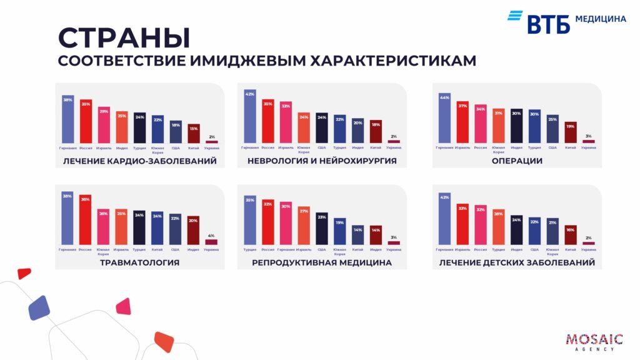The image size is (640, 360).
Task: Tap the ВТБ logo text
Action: pos(548,24)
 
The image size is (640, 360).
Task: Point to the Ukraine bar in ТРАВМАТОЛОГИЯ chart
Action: pos(211,241)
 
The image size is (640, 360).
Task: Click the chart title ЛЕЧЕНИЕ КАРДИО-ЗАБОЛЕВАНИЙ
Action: pos(140,161)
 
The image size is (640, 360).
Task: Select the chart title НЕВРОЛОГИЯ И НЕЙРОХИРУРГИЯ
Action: pos(322,161)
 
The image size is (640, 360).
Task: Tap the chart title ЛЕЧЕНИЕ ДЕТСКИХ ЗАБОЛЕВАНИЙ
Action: pos(517,262)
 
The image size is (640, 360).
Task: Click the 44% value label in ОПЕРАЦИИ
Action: pos(444,97)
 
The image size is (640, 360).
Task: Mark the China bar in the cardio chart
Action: pos(194,134)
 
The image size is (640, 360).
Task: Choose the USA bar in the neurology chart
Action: pos(322,128)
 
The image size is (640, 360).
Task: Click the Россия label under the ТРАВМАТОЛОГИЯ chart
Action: pos(86,249)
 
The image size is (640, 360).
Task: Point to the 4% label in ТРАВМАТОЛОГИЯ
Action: pos(211,236)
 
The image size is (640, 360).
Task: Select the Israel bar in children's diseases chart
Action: pos(462,224)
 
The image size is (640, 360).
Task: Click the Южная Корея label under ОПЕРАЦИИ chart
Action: pos(499,149)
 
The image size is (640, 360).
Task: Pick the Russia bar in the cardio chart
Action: pos(86,122)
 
